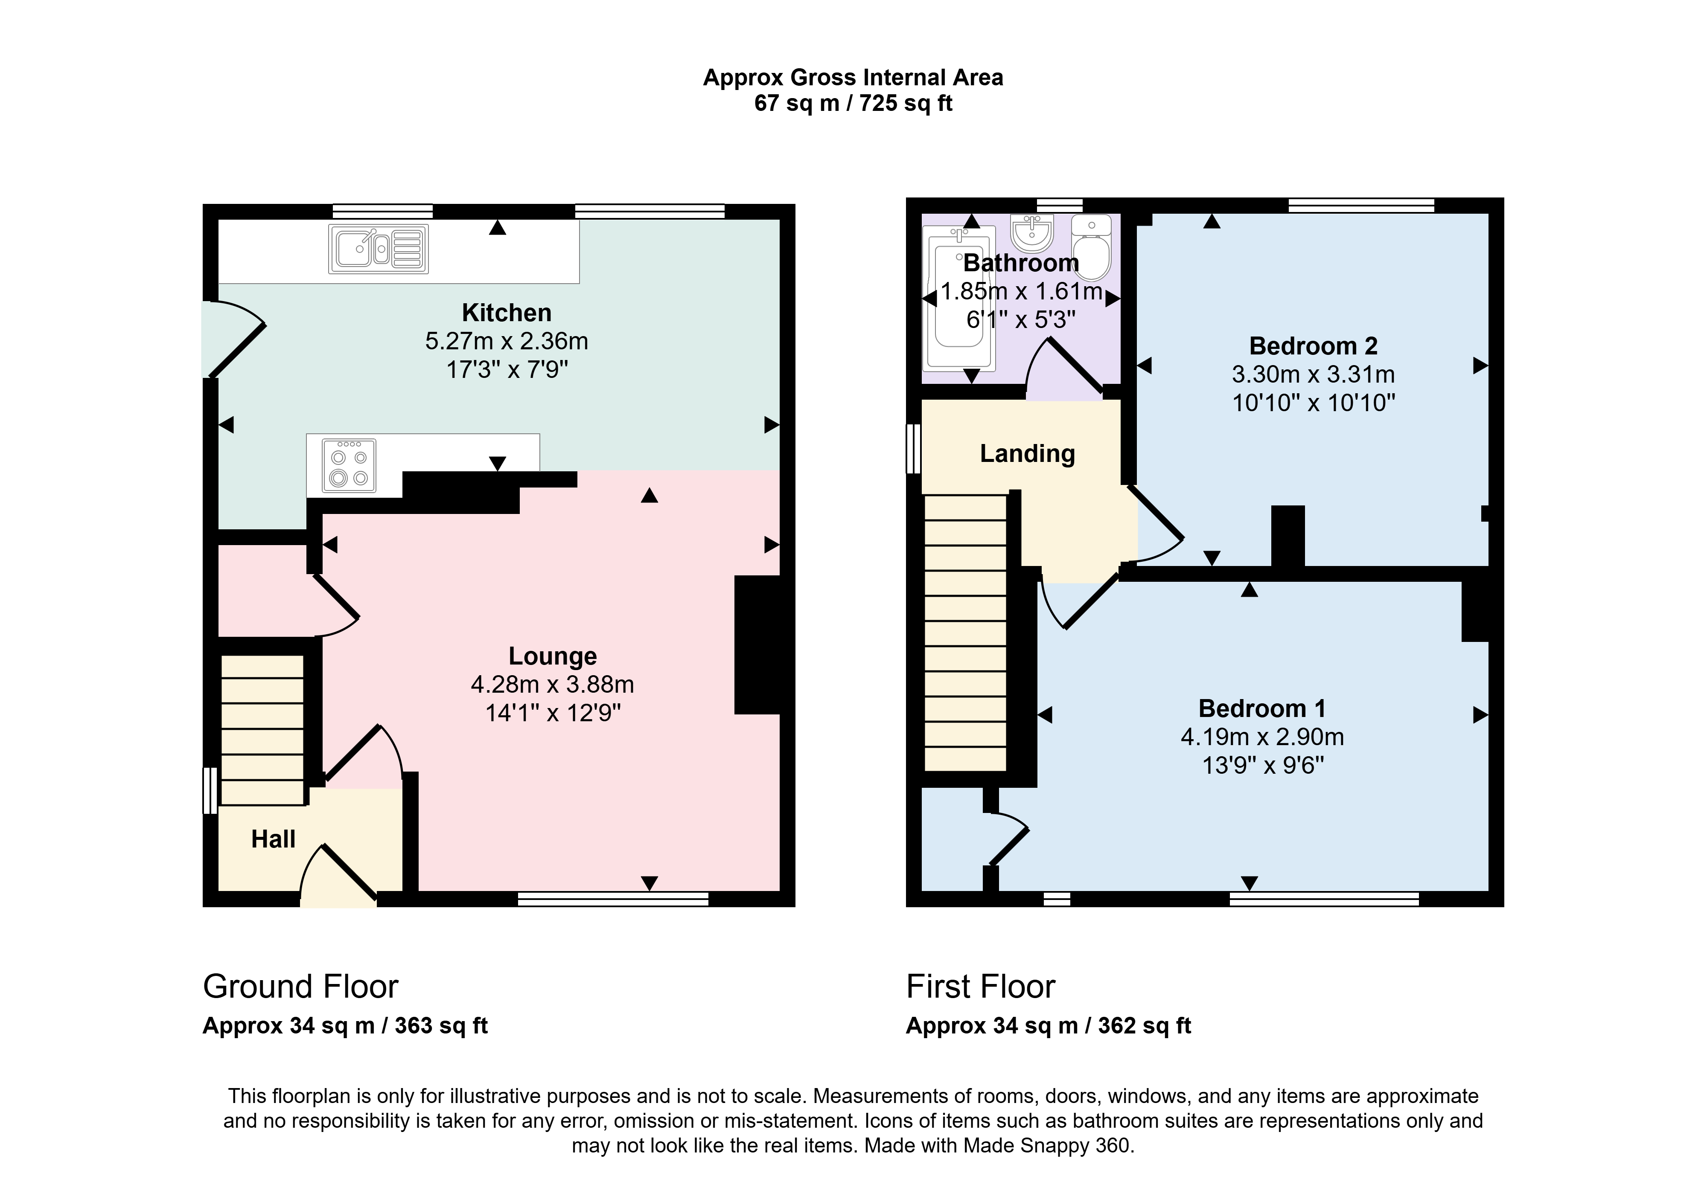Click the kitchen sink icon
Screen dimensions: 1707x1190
tap(379, 249)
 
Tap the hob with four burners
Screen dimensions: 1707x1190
tap(349, 465)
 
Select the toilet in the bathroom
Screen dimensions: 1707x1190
tap(1091, 247)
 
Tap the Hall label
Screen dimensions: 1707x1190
tap(273, 839)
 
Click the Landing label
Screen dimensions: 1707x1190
tap(1028, 453)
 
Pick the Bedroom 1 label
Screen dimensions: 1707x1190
tap(1261, 708)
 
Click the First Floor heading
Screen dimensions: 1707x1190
tap(981, 987)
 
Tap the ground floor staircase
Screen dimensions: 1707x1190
tap(262, 730)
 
